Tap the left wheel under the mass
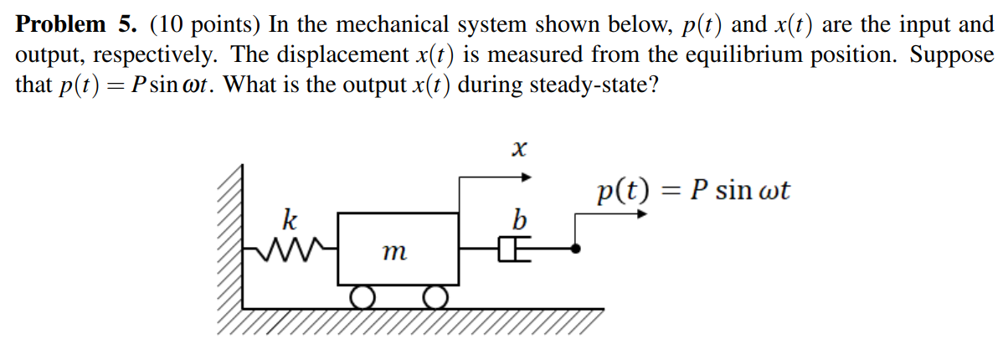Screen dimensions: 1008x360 363,296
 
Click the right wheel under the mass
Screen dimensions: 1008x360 434,296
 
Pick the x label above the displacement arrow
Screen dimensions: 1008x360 519,151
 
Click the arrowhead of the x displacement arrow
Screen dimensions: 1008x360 527,177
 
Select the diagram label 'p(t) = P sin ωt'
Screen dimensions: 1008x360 692,191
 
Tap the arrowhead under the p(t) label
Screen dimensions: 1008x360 642,213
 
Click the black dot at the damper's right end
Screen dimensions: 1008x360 575,248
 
